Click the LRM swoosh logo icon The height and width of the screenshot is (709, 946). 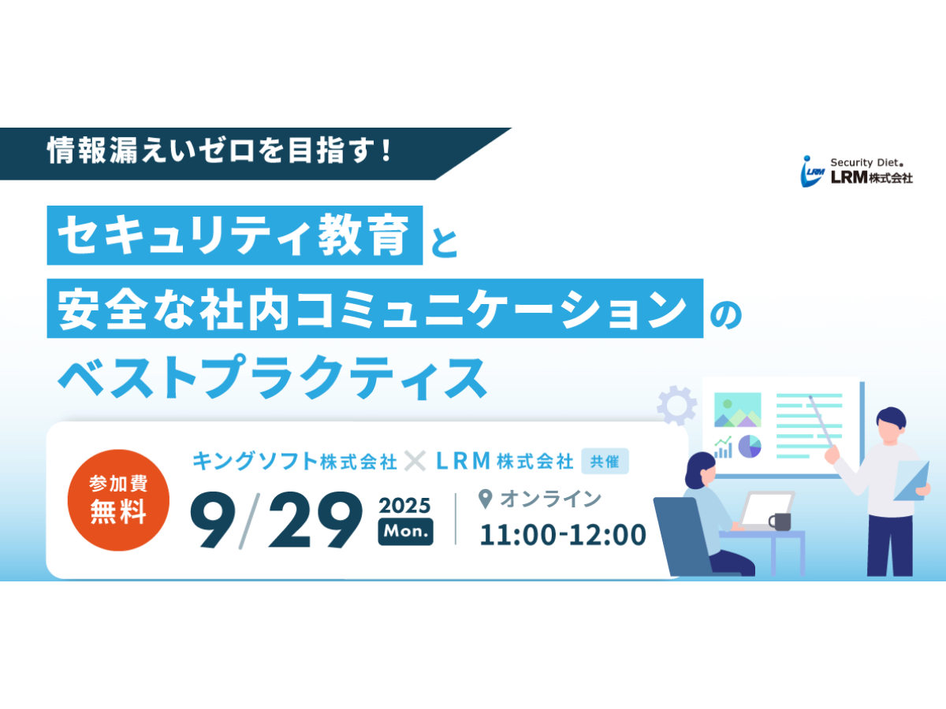click(812, 171)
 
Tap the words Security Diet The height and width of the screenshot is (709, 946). click(866, 163)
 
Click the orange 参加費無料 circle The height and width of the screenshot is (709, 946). click(118, 499)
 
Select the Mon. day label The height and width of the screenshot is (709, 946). click(405, 532)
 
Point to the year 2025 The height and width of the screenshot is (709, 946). click(404, 506)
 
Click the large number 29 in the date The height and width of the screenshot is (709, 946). click(315, 520)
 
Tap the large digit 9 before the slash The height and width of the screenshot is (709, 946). click(213, 520)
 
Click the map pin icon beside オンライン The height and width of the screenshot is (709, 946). click(486, 499)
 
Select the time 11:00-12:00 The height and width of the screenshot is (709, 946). click(564, 535)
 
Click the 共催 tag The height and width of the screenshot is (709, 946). click(605, 461)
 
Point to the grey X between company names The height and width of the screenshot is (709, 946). click(415, 461)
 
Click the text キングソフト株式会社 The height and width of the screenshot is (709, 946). click(294, 461)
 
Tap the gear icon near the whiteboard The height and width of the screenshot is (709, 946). click(676, 405)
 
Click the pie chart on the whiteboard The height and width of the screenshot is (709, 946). click(750, 447)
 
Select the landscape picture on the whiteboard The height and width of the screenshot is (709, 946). click(737, 410)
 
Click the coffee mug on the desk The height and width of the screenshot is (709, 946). click(780, 522)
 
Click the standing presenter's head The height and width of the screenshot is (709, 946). click(891, 427)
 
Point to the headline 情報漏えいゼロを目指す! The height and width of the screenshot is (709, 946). click(220, 150)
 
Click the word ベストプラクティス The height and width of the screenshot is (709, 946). click(273, 377)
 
